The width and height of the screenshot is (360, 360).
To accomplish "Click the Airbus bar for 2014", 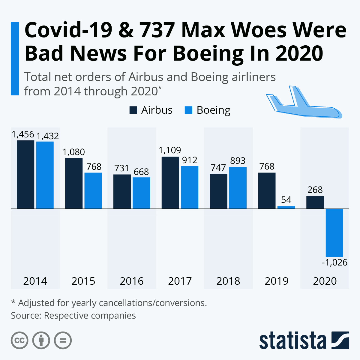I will point(25,174).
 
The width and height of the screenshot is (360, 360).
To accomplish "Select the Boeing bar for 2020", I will point(334,232).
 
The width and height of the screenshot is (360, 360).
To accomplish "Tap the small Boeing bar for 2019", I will point(286,207).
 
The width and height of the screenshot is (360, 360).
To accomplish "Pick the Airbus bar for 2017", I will point(170,182).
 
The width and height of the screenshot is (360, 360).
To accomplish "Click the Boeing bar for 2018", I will point(238,187).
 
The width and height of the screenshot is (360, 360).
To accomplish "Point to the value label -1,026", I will point(334,262).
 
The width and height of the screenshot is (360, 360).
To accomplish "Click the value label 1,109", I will point(170,150).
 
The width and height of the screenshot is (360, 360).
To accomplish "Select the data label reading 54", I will point(286,200).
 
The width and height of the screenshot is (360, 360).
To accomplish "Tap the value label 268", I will point(315,190).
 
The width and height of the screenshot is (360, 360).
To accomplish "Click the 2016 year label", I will point(132,281).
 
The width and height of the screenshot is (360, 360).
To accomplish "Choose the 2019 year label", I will point(276,281).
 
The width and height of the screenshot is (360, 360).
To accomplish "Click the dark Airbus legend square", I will point(133,110).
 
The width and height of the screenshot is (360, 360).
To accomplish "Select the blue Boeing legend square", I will point(188,110).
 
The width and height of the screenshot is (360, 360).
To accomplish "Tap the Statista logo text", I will point(292,340).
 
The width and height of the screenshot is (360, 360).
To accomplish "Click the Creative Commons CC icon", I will point(19,340).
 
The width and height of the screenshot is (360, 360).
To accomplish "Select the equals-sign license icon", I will point(63,340).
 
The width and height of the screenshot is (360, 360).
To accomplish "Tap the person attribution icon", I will point(41,340).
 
